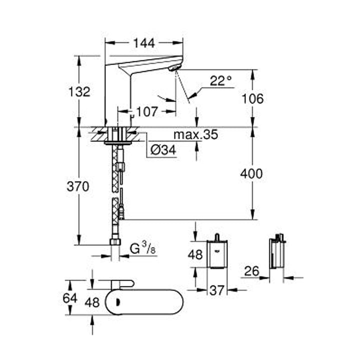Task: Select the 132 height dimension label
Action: coord(80,91)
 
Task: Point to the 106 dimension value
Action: coord(251,98)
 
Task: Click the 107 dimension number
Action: coord(147,112)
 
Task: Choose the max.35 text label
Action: coord(195,134)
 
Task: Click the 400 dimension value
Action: coord(251,174)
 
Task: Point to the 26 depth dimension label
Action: coord(251,271)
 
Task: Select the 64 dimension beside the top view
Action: coord(70,298)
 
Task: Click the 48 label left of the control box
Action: coord(195,254)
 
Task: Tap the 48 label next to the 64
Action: coord(92,302)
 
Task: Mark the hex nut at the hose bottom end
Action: coord(115,242)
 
